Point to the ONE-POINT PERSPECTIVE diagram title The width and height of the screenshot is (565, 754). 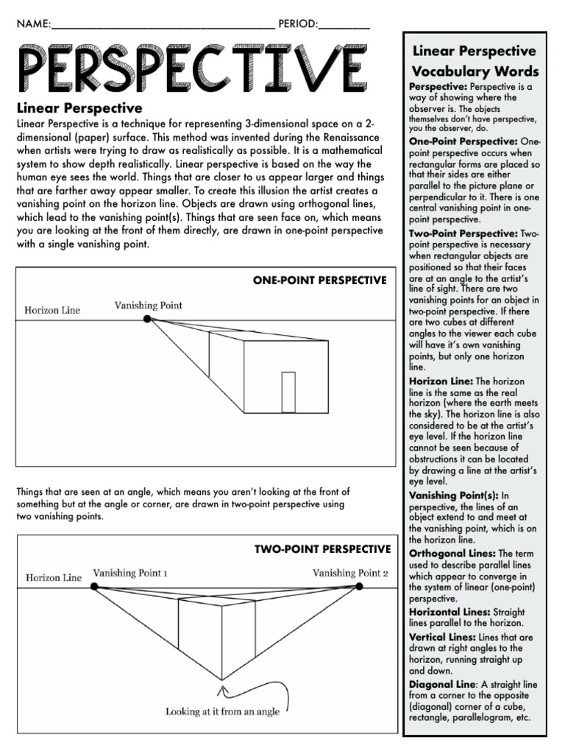(x=319, y=281)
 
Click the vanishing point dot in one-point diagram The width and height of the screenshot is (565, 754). (x=147, y=319)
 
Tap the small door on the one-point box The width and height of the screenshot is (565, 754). (x=288, y=392)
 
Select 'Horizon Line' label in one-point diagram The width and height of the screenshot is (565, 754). (x=52, y=310)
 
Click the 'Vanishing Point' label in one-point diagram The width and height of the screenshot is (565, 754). (x=148, y=305)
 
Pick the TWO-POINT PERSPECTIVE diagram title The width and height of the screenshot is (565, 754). (x=322, y=549)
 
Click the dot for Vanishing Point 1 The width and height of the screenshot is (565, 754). (x=94, y=586)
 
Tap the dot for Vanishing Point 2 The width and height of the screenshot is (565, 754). (x=360, y=586)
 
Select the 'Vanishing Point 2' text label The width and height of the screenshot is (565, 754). (x=349, y=573)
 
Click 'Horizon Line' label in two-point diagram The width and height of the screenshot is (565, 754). (x=54, y=577)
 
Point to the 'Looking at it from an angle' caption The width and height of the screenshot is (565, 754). (x=221, y=711)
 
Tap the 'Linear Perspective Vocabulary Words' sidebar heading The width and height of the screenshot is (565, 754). (x=475, y=61)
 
